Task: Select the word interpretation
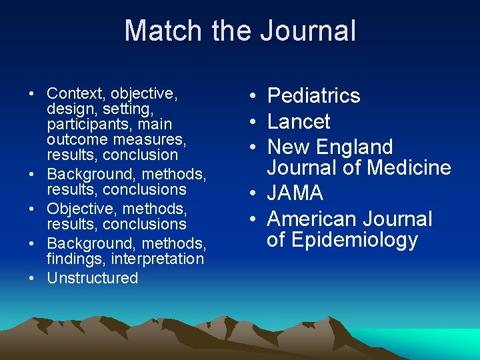click(x=157, y=259)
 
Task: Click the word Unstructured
click(x=93, y=278)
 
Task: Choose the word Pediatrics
click(x=313, y=96)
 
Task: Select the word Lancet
click(x=299, y=121)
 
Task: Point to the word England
click(x=355, y=147)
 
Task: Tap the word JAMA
click(x=295, y=193)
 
